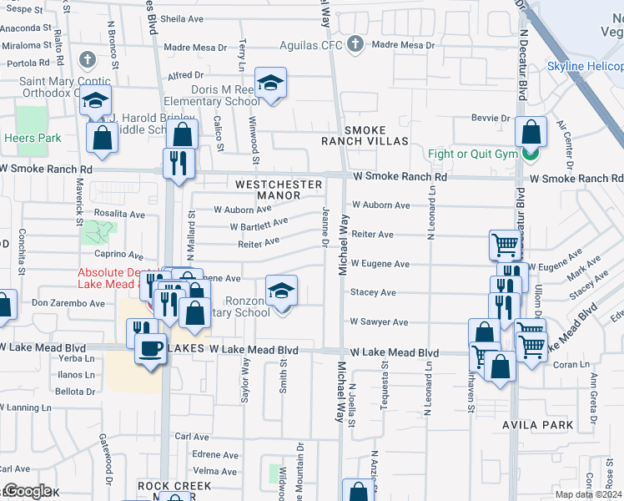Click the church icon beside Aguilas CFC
pos(355,43)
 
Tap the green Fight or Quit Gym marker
pos(529,154)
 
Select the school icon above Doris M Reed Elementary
pos(270,83)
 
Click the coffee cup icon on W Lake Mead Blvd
pos(150,348)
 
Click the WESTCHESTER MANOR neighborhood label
pos(278,190)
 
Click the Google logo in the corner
pos(27,491)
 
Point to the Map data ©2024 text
pos(588,494)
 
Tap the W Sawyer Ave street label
pos(379,321)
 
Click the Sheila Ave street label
pos(182,18)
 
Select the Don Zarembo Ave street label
pos(68,303)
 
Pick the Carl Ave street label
pos(193,437)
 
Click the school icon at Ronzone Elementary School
pos(282,291)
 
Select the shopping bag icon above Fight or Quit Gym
pos(531,131)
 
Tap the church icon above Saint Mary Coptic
pos(88,60)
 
